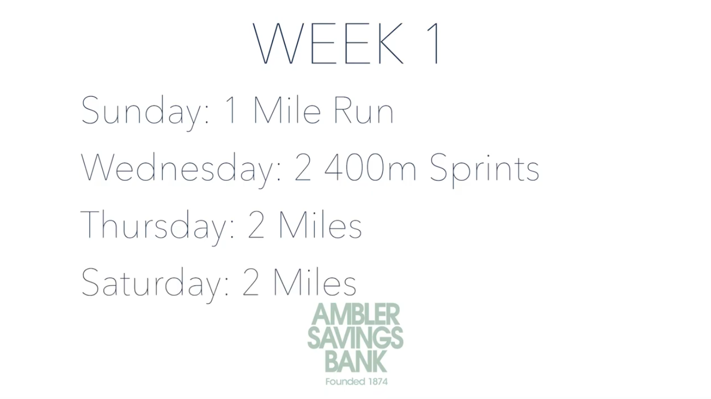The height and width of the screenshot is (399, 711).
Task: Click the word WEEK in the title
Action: point(328,43)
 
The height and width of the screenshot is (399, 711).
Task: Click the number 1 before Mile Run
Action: point(231,110)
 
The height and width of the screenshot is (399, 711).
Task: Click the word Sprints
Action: point(484,170)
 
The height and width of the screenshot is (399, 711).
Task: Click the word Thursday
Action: point(157,227)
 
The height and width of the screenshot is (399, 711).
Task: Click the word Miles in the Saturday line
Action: point(315,282)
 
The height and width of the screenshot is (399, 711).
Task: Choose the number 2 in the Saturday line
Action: point(251,282)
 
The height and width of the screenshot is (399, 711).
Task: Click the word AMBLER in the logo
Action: point(355,314)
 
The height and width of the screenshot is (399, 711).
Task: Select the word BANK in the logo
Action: point(355,361)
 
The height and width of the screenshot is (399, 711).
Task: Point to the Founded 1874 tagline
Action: point(356,381)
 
